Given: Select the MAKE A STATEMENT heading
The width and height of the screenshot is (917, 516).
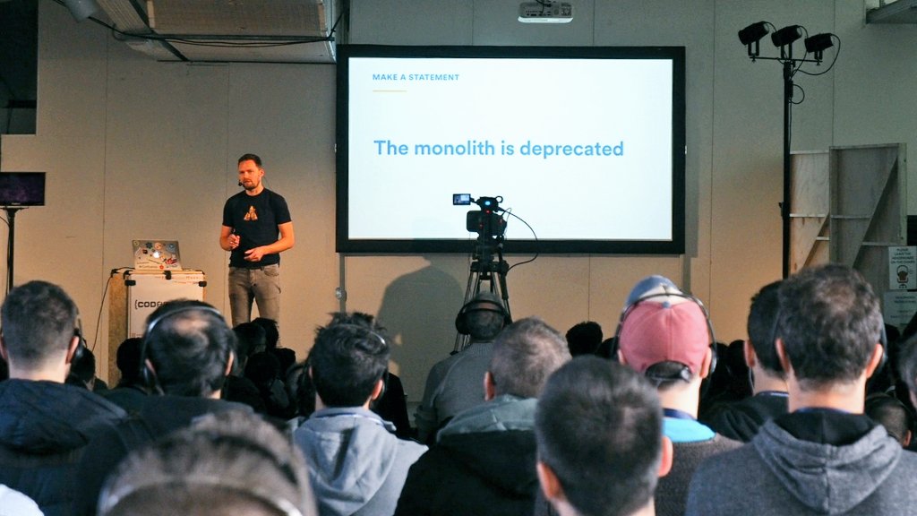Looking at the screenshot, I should (x=416, y=77).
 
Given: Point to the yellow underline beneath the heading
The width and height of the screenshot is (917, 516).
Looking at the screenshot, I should (x=389, y=90).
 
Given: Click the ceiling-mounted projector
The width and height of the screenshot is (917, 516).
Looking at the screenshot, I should (x=544, y=11).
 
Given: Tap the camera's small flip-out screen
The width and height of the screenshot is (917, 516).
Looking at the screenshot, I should (x=461, y=199).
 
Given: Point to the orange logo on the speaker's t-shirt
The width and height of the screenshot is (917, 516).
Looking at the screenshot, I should (x=251, y=212).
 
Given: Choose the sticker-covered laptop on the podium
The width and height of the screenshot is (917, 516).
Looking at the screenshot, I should (x=157, y=254).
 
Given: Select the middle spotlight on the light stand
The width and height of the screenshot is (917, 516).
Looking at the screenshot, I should (x=786, y=36).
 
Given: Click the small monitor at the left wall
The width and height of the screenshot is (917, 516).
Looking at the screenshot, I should (x=21, y=189).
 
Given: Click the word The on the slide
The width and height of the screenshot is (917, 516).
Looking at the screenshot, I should (x=390, y=148).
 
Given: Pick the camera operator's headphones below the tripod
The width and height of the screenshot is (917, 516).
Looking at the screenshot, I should (x=483, y=314).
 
